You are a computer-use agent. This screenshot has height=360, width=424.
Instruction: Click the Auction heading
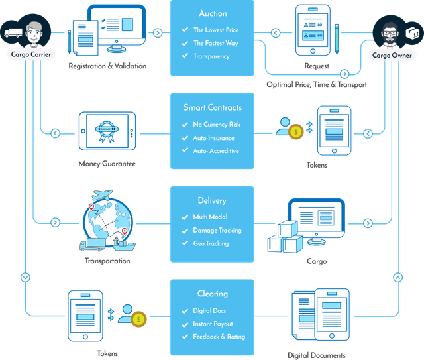(x=213, y=13)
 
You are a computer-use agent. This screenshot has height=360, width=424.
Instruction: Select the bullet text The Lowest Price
(x=215, y=30)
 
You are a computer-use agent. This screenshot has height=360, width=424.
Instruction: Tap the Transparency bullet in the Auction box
(x=211, y=56)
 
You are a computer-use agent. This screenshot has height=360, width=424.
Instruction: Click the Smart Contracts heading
(x=213, y=107)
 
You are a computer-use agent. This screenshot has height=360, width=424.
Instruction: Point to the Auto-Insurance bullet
(x=214, y=138)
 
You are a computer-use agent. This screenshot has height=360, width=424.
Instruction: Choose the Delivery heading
(x=213, y=200)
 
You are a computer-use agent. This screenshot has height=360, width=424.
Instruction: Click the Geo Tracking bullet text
(x=211, y=243)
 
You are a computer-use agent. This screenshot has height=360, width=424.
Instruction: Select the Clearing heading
(x=213, y=294)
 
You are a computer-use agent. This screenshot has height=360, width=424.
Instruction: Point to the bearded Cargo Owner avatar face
(x=389, y=31)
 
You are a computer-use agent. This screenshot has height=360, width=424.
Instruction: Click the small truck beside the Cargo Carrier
(x=13, y=31)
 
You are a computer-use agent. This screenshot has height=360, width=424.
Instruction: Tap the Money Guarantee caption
(x=107, y=164)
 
